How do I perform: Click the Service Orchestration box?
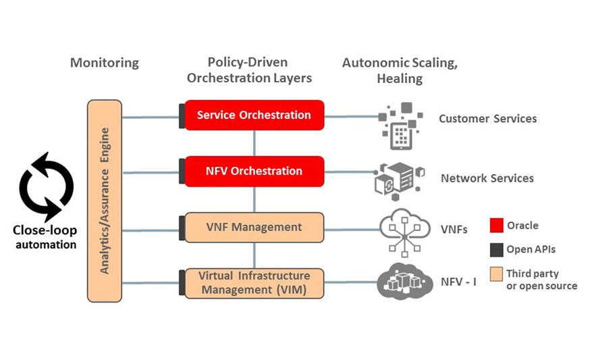point(254,115)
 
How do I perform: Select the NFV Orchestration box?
point(254,171)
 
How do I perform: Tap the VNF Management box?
point(254,228)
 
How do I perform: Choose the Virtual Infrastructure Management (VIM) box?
point(254,283)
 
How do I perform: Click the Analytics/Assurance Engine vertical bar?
point(105,200)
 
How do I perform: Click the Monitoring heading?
point(105,63)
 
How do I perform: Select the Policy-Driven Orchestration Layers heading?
point(249,70)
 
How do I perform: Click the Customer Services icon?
point(402,126)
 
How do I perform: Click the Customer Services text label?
point(488,119)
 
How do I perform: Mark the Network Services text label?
point(487,178)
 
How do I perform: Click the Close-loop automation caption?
point(45,237)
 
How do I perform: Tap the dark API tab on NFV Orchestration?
point(182,172)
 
